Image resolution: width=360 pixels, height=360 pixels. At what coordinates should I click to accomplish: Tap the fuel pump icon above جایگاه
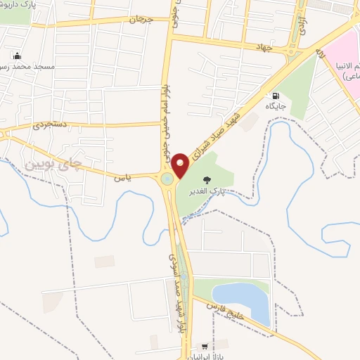point(274,96)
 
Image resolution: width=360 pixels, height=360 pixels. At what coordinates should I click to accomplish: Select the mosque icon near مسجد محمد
point(16,56)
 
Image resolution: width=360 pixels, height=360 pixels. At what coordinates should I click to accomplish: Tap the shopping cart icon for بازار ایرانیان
point(205,347)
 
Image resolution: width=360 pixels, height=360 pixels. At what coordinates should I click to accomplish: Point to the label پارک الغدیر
point(205,191)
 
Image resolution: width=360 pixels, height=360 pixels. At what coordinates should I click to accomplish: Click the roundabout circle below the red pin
point(167,180)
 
